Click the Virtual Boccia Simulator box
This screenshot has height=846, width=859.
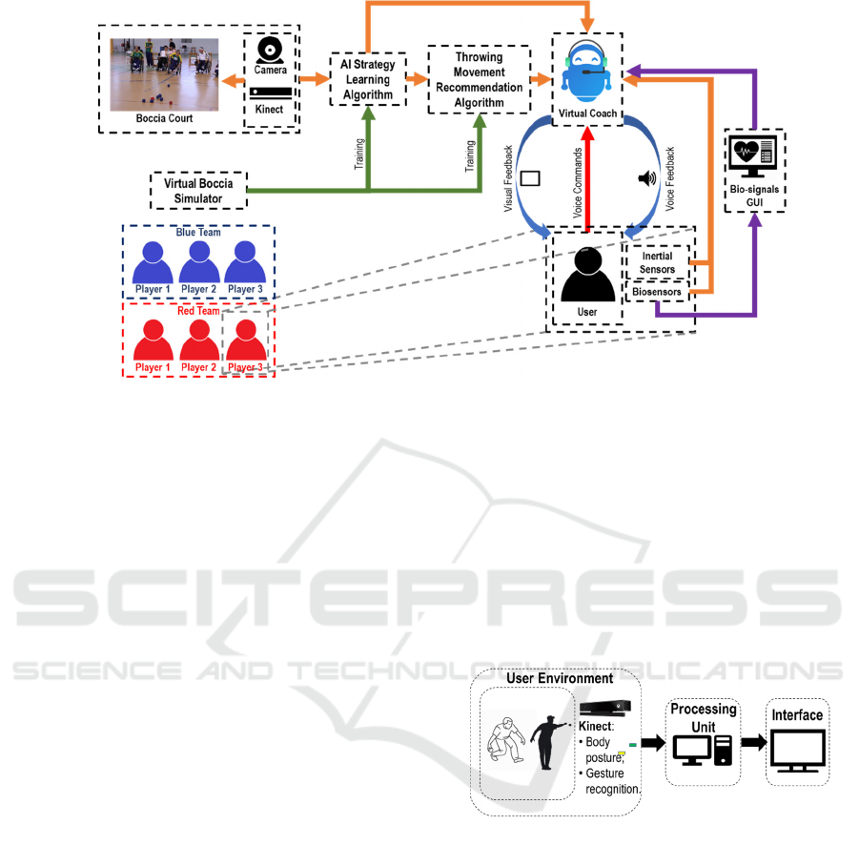198,190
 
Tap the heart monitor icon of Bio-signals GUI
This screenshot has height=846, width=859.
752,155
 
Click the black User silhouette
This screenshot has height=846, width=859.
587,278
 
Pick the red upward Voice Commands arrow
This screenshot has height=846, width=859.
587,181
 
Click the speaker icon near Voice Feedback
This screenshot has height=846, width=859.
645,178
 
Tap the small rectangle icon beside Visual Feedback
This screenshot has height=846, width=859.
530,178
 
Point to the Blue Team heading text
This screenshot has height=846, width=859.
198,231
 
